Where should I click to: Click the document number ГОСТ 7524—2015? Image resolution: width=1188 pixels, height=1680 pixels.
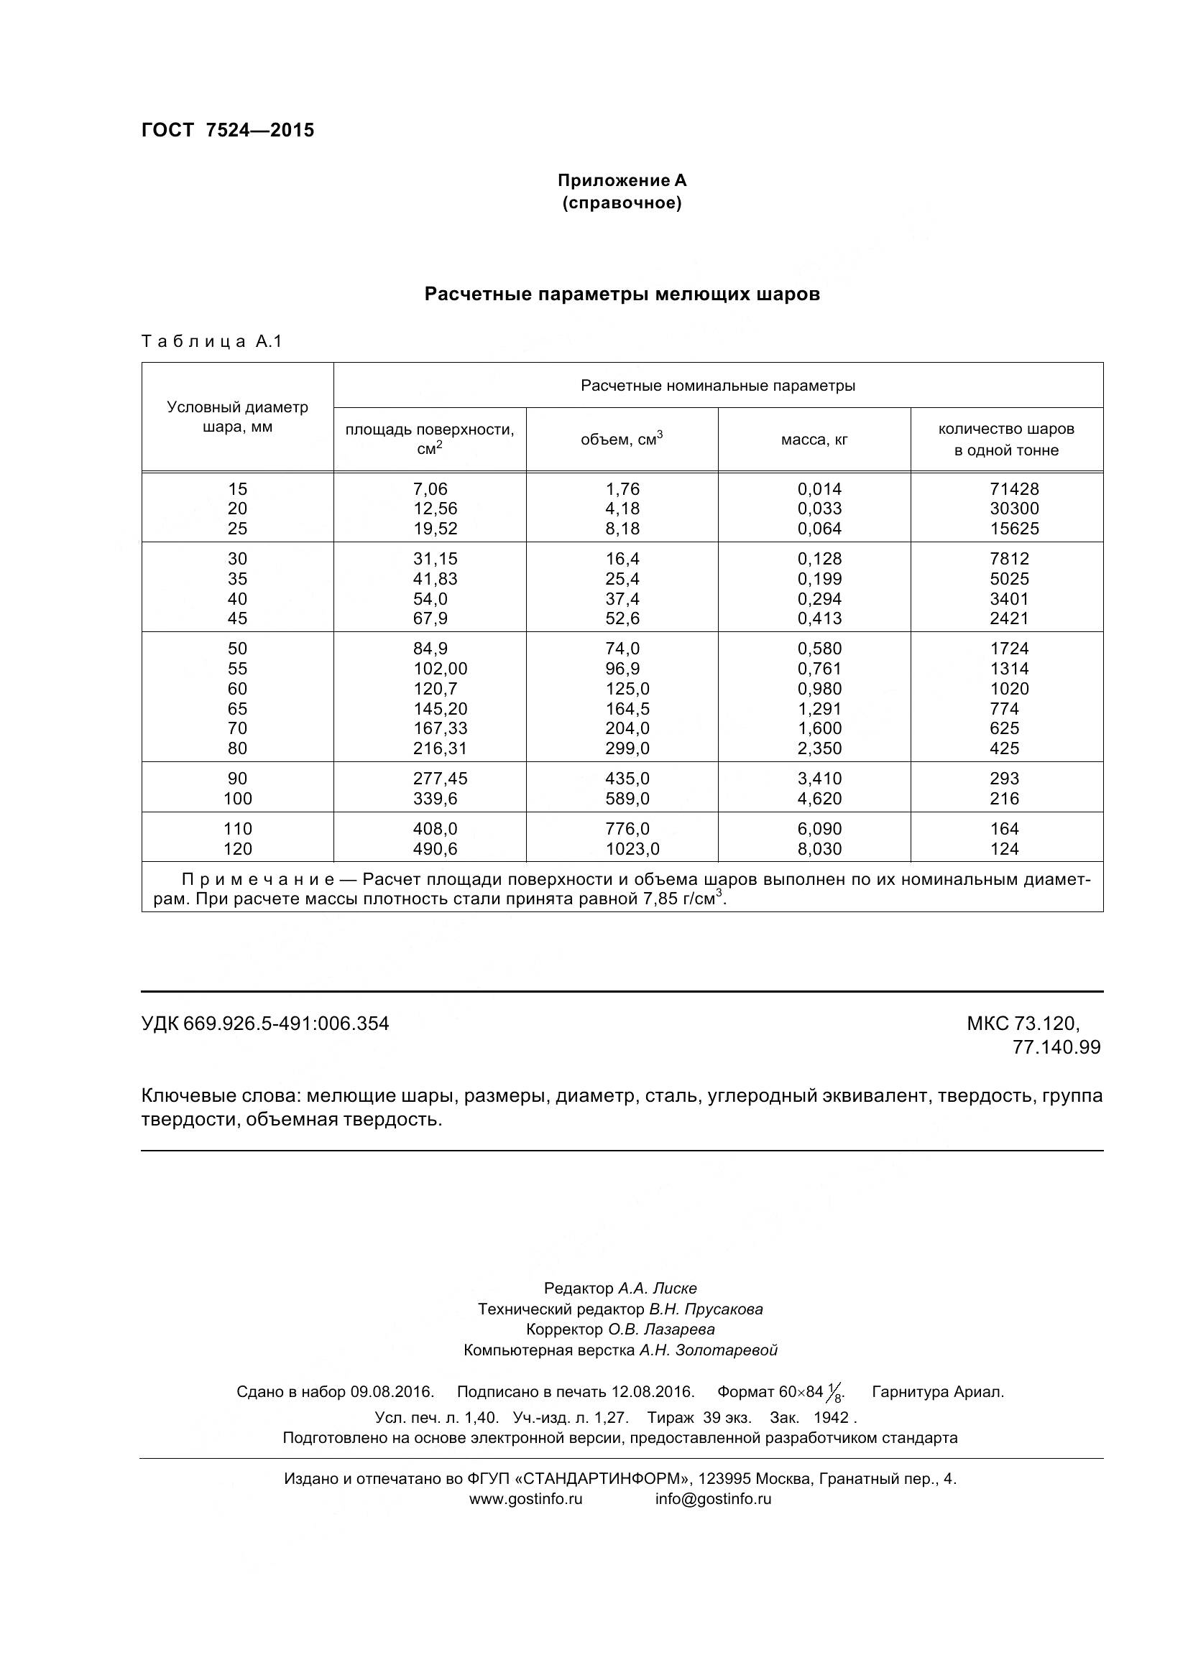coord(228,130)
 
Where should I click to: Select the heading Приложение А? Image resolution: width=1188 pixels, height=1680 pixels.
coord(622,181)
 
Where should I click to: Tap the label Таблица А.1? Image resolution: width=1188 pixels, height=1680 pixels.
coord(211,341)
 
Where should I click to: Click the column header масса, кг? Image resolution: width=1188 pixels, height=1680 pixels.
coord(814,440)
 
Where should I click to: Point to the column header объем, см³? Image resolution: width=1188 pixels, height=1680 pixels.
coord(622,439)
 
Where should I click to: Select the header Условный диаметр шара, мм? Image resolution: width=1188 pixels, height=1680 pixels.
coord(237,417)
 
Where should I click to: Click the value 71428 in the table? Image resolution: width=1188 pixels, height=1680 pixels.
coord(1014,489)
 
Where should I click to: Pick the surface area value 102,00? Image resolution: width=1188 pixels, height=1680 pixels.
coord(439,669)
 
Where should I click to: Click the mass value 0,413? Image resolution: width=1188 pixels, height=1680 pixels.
coord(819,618)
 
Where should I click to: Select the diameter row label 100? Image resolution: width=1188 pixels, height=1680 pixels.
coord(237,799)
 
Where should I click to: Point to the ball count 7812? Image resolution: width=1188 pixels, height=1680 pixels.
coord(1008,559)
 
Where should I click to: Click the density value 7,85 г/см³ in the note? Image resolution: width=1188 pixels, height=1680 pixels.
coord(683,899)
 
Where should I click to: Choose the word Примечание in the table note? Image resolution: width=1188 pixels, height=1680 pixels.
coord(258,880)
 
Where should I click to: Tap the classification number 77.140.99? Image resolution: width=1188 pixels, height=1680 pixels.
coord(1056,1047)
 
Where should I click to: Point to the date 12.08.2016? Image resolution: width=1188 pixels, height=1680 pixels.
coord(653,1392)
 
